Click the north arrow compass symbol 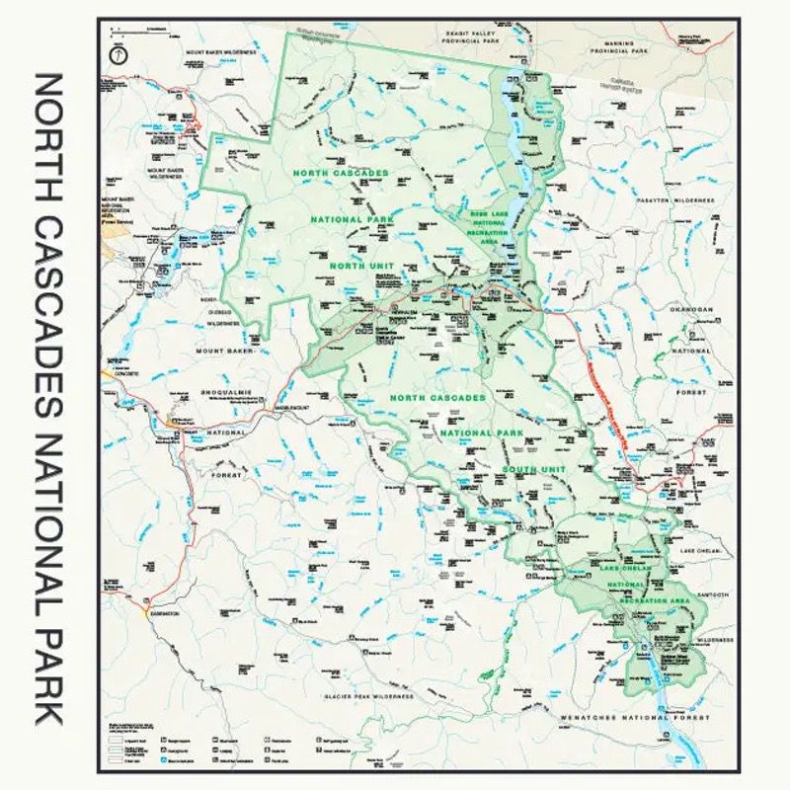pyautogui.click(x=118, y=56)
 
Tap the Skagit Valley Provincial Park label pyautogui.click(x=468, y=38)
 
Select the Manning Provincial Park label pyautogui.click(x=618, y=45)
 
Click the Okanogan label pyautogui.click(x=691, y=309)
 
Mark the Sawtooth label pyautogui.click(x=710, y=594)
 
